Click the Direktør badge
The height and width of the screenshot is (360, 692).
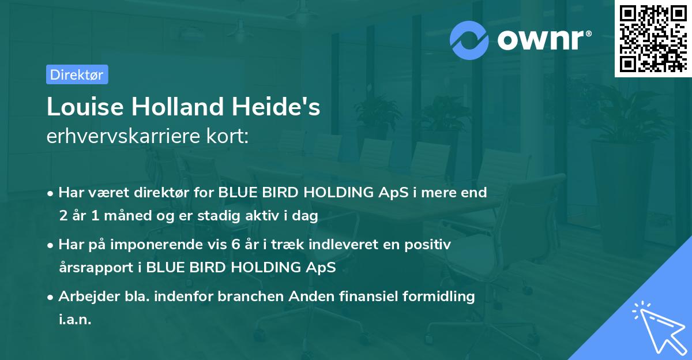(77, 74)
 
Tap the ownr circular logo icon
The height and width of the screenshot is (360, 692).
(469, 39)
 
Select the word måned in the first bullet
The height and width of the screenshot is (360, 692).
(126, 216)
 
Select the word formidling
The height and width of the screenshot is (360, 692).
(442, 297)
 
